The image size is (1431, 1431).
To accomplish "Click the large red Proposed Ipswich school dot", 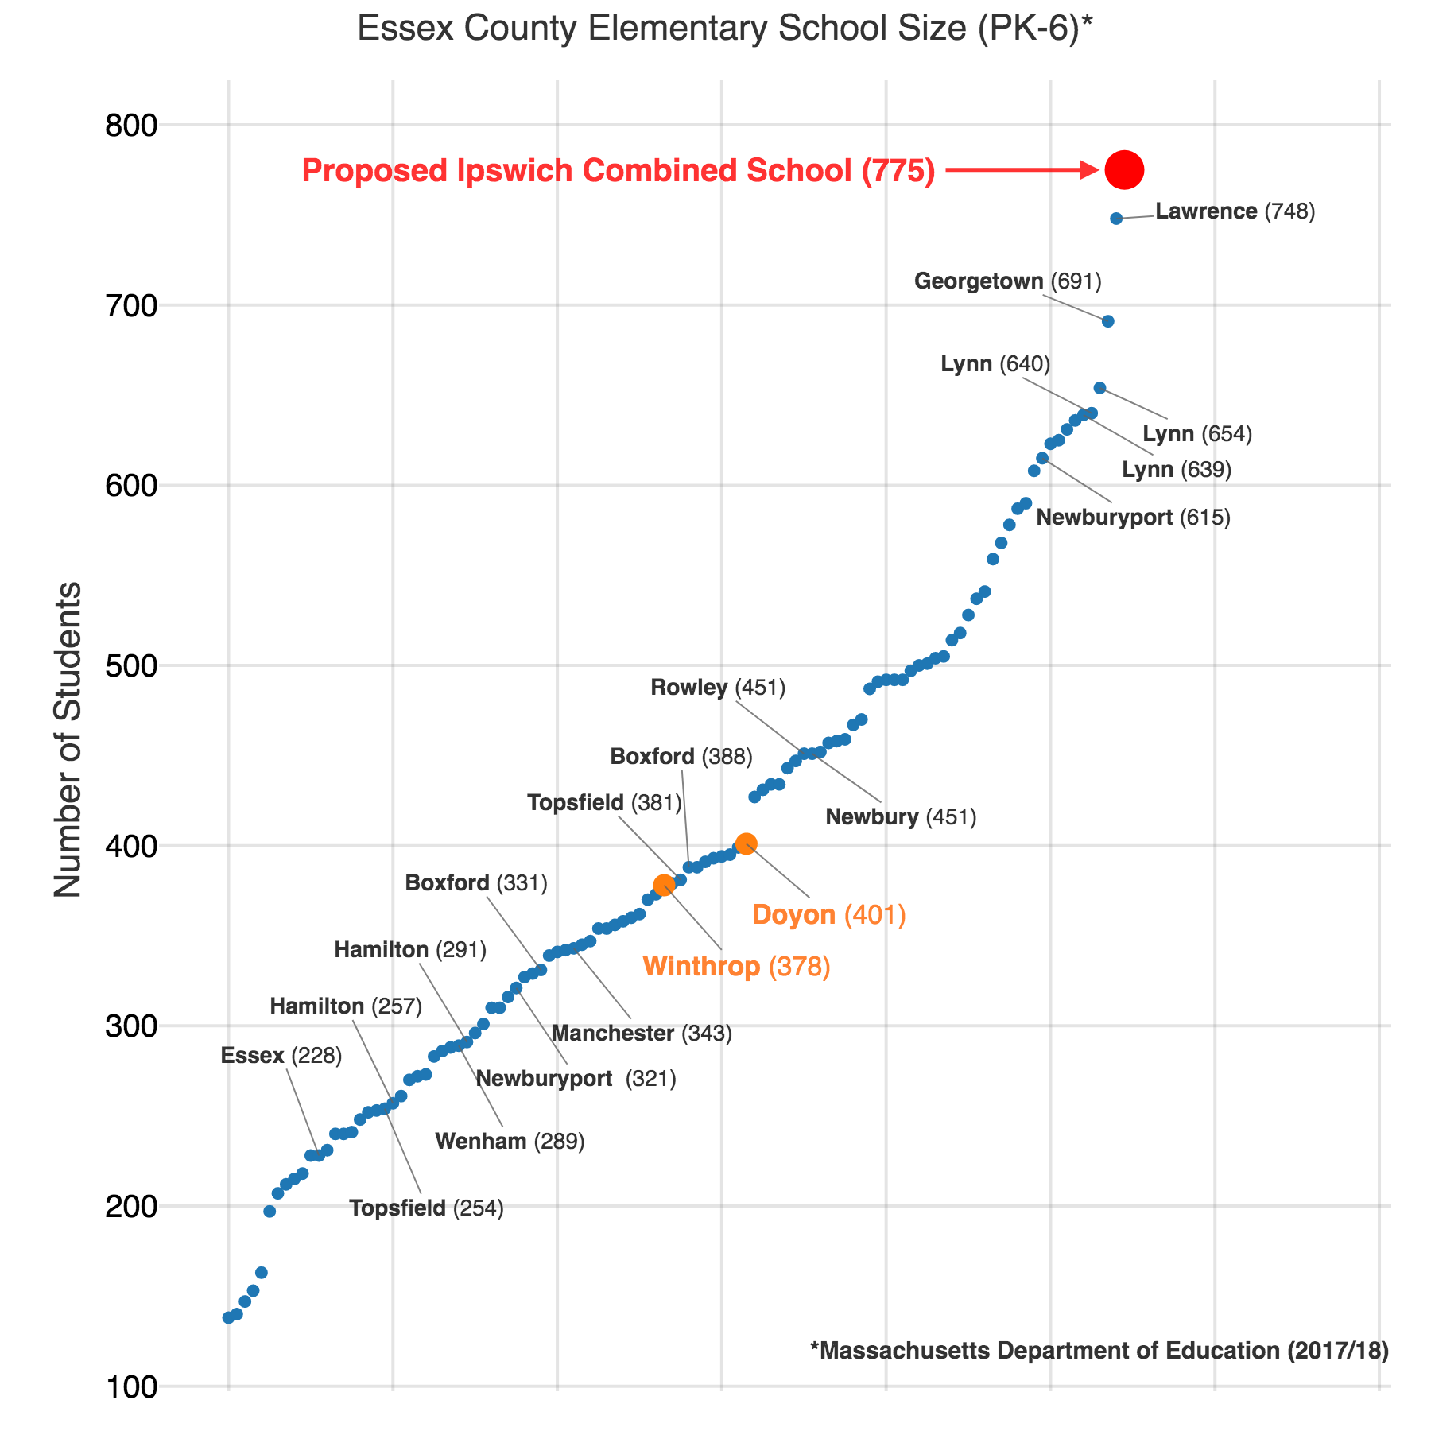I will click(1124, 169).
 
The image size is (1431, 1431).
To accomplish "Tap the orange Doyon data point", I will click(746, 843).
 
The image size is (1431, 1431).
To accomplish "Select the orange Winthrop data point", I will click(664, 885).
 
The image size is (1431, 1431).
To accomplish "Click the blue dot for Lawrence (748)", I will click(1116, 219).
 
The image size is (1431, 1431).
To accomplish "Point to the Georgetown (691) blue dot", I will click(1108, 321).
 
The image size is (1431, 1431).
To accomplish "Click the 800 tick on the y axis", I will click(132, 126).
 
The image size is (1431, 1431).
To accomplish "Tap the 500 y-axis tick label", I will click(132, 666).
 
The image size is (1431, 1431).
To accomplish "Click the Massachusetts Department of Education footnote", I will click(1099, 1351).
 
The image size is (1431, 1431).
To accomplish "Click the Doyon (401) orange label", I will click(828, 915).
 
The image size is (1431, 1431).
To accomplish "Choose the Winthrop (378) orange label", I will click(736, 966).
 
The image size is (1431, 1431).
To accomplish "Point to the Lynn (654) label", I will click(1197, 434).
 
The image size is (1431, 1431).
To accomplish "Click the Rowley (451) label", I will click(718, 688).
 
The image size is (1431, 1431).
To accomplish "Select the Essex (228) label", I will click(281, 1056).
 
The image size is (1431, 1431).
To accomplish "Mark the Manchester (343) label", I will click(641, 1033).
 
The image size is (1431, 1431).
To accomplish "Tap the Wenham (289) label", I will click(510, 1142).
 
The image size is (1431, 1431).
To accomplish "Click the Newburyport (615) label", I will click(1134, 518).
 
